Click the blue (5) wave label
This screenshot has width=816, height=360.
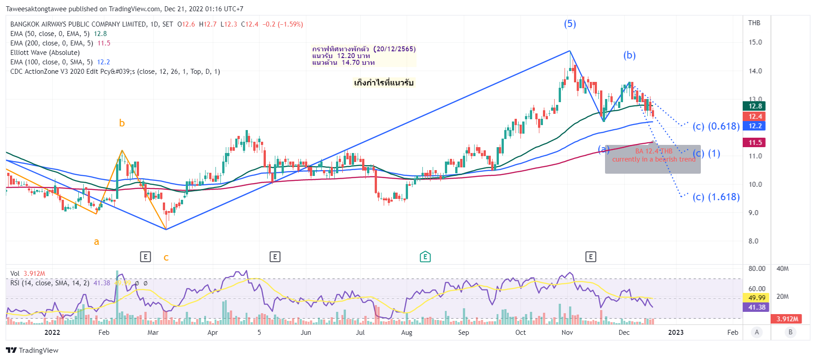pyautogui.click(x=570, y=24)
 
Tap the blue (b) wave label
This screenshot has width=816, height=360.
pyautogui.click(x=629, y=55)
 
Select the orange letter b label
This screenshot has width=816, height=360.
pyautogui.click(x=122, y=123)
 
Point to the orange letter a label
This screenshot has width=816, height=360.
pyautogui.click(x=96, y=242)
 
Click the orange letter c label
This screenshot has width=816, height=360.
pyautogui.click(x=166, y=258)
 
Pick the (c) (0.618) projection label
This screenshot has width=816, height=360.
pyautogui.click(x=716, y=126)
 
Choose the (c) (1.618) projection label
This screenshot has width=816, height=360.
pyautogui.click(x=716, y=197)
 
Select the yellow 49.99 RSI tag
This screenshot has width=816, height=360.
pyautogui.click(x=757, y=297)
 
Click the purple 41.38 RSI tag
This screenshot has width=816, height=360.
pyautogui.click(x=757, y=307)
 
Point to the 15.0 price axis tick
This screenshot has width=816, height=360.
pyautogui.click(x=755, y=42)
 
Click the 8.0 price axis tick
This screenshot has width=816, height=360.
pyautogui.click(x=753, y=241)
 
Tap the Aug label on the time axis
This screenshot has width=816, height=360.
pyautogui.click(x=407, y=333)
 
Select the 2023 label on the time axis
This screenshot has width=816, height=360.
pyautogui.click(x=676, y=333)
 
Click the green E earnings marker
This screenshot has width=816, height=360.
pyautogui.click(x=425, y=257)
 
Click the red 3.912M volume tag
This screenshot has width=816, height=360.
pyautogui.click(x=787, y=319)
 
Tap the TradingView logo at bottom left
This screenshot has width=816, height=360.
pyautogui.click(x=32, y=351)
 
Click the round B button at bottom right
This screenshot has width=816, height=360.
pyautogui.click(x=790, y=333)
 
